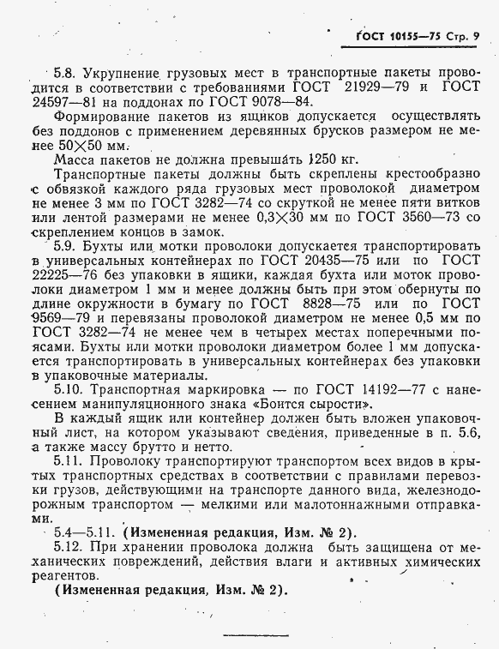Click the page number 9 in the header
click(476, 35)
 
